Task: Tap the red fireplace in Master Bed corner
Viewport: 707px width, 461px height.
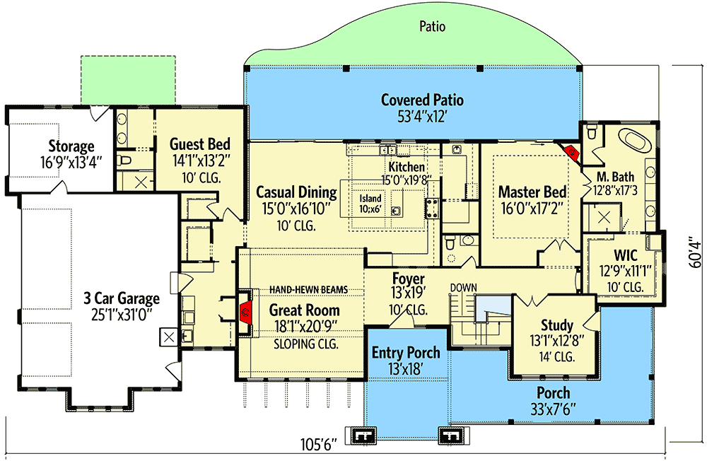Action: (571, 150)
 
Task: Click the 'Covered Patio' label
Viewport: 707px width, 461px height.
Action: (422, 100)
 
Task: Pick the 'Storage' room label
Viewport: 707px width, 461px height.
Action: (71, 146)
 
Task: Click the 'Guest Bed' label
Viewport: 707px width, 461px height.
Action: (197, 145)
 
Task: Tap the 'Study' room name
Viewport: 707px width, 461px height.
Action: (556, 325)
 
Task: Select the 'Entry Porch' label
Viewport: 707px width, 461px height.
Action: (406, 352)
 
